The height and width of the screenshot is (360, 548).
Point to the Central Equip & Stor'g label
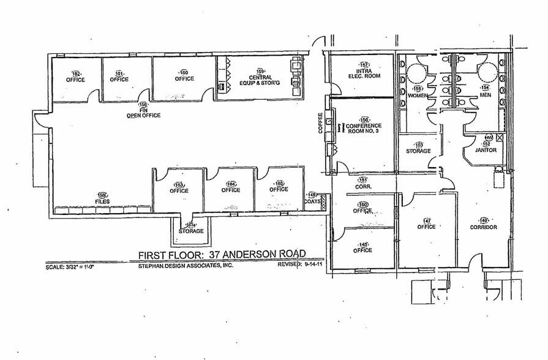click(260, 77)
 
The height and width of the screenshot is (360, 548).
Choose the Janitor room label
click(489, 150)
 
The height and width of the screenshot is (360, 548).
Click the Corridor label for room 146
click(484, 227)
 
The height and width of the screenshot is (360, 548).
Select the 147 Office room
click(426, 227)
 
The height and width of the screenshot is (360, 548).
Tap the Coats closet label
click(312, 199)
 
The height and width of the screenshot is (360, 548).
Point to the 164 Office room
click(231, 190)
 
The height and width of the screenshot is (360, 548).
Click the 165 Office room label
click(279, 189)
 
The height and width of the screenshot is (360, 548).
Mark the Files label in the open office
click(102, 201)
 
